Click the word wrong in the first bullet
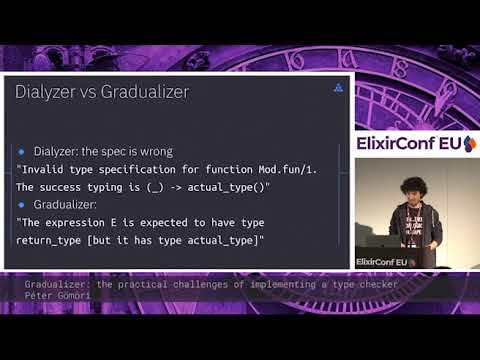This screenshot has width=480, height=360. point(153,152)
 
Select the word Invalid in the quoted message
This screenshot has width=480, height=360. point(47,169)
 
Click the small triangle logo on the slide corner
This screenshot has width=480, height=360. point(338,88)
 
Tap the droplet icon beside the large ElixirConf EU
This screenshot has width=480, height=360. point(470,144)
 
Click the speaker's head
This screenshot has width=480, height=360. point(413,190)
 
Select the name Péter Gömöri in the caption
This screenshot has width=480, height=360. point(57,296)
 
